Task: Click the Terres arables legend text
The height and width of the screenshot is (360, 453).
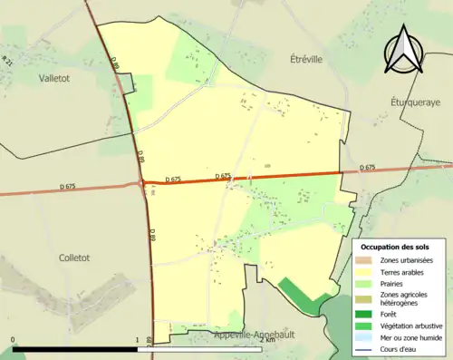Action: coord(404,271)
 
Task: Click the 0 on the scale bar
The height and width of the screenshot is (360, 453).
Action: coord(14,339)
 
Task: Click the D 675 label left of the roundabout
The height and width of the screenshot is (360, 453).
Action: coord(68,186)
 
